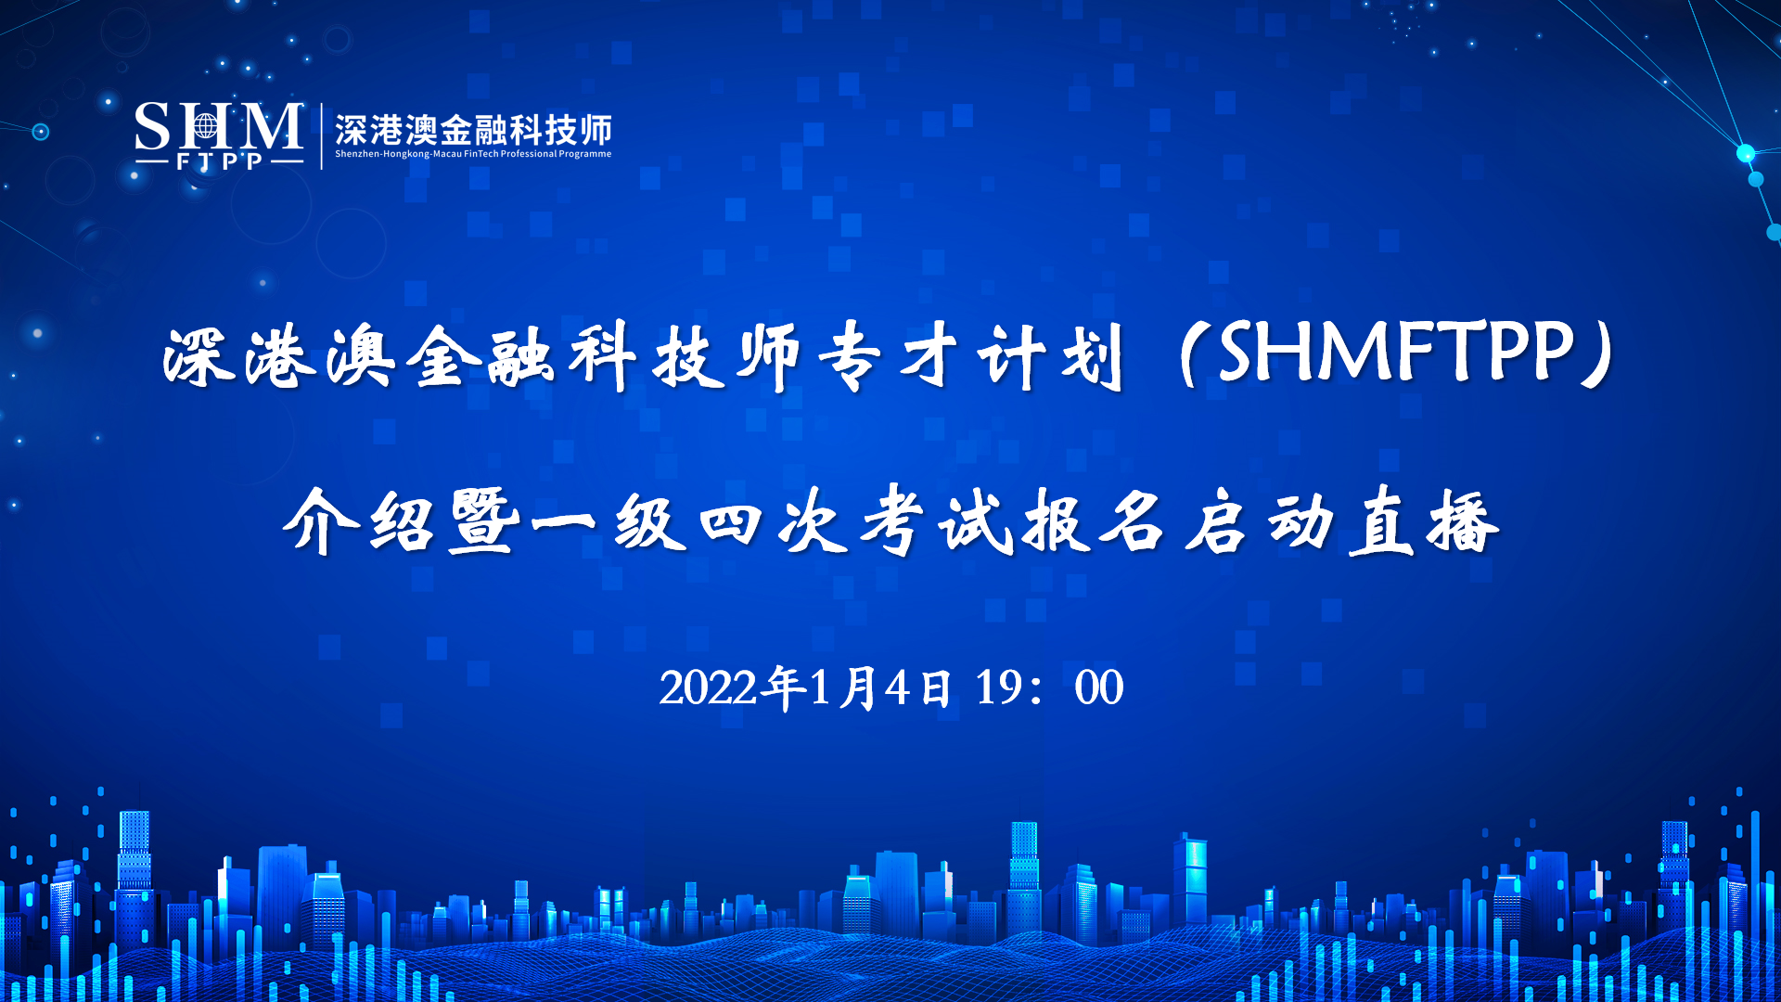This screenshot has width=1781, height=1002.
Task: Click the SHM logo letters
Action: point(219,127)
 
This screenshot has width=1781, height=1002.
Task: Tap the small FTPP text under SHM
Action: point(220,161)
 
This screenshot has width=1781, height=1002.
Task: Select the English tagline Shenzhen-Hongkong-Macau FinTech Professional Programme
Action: point(473,154)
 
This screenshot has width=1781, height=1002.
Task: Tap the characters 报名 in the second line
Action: point(1095,521)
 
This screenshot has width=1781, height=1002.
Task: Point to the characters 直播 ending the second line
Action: point(1423,521)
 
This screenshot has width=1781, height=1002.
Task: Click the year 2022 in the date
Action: point(708,688)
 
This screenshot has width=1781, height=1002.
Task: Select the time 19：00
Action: point(1049,688)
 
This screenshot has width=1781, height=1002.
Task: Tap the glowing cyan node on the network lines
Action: point(1746,153)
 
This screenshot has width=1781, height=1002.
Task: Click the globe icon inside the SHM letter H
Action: point(206,125)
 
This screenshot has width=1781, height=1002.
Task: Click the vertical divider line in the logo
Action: point(321,135)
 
